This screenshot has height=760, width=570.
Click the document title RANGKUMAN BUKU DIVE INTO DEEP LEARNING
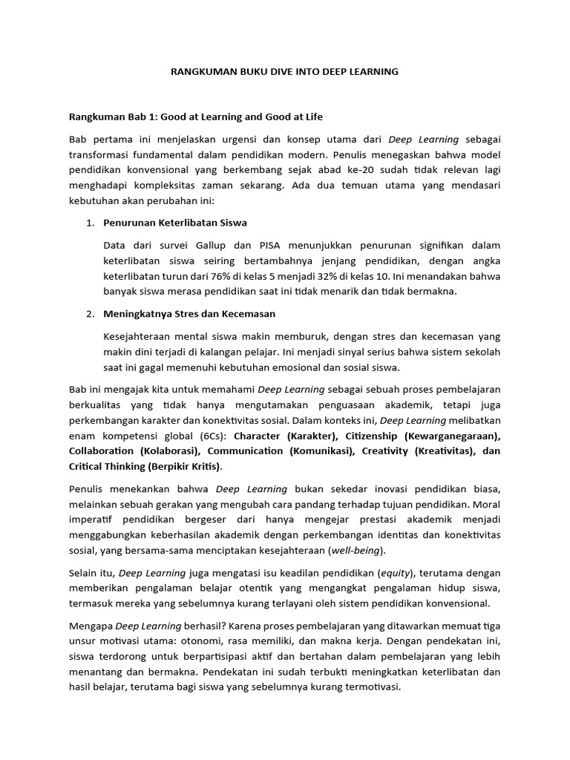pyautogui.click(x=285, y=72)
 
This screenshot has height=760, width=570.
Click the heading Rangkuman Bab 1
pyautogui.click(x=196, y=117)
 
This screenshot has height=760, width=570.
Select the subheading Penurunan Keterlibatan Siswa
pyautogui.click(x=175, y=223)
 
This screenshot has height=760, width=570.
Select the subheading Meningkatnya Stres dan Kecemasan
pyautogui.click(x=189, y=314)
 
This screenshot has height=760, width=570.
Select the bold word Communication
pyautogui.click(x=245, y=451)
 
